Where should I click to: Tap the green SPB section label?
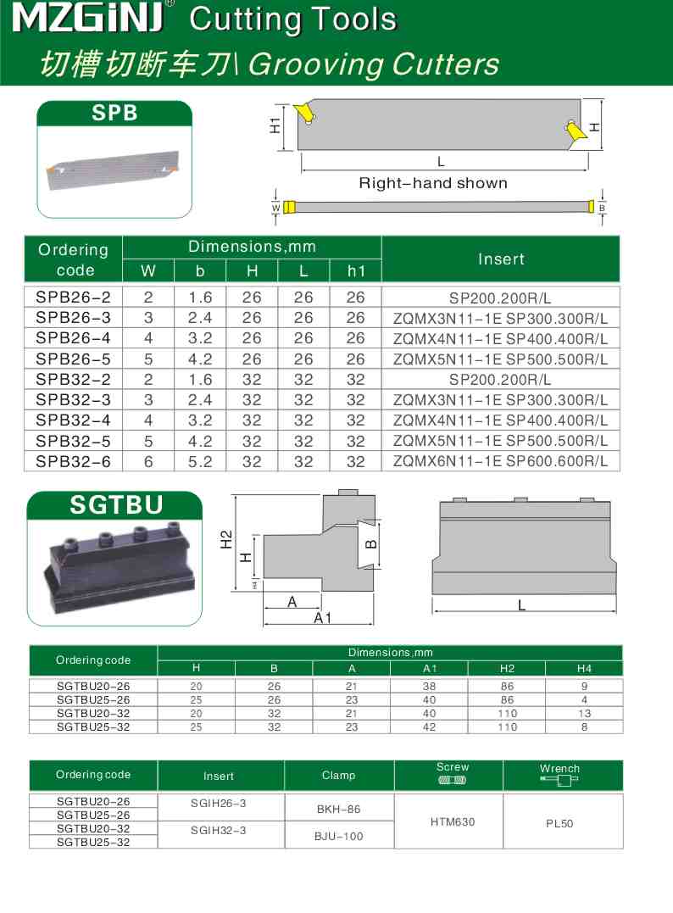[114, 113]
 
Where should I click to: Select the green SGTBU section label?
[115, 506]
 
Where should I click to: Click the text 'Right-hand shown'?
[433, 183]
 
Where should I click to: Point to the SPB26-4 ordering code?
[74, 338]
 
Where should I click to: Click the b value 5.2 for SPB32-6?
[200, 461]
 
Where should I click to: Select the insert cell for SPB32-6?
[501, 461]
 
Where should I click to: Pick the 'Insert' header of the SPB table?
[501, 259]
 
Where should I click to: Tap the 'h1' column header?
[355, 271]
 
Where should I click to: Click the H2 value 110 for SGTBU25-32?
[507, 727]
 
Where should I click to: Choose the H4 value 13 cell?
[583, 714]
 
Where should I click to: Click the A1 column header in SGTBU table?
[429, 668]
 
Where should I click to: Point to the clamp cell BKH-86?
[339, 810]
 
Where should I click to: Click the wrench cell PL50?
[560, 822]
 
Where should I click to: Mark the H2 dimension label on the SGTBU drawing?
[226, 539]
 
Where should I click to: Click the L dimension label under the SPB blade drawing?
[441, 161]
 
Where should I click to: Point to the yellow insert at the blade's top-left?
[303, 111]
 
